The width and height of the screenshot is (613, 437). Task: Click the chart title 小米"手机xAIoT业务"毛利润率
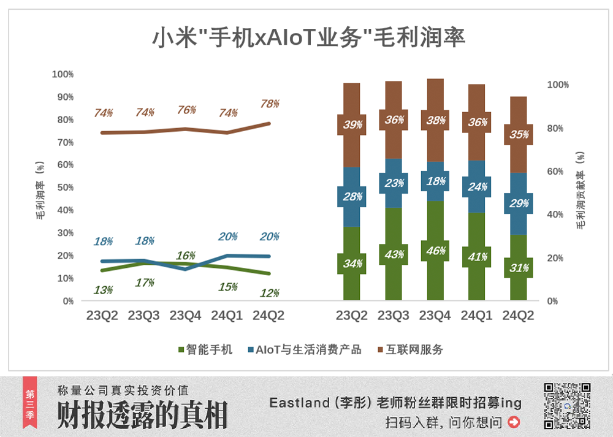[x=308, y=37]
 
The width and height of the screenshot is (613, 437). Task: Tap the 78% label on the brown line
[x=269, y=104]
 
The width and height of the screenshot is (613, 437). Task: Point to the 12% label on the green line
[x=269, y=293]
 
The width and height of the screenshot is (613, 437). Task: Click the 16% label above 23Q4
[x=185, y=256]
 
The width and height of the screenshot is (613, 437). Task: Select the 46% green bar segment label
[x=436, y=250]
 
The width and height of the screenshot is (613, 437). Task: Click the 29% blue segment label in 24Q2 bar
[x=519, y=203]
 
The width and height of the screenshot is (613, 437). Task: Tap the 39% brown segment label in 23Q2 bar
[x=352, y=124]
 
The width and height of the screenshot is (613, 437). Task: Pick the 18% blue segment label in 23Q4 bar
[x=436, y=181]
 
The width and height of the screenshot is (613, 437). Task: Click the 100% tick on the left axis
[x=63, y=74]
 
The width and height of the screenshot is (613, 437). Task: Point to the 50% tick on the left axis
[x=64, y=188]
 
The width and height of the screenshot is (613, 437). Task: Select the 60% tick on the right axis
[x=554, y=172]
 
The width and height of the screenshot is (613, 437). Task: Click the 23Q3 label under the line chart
[x=143, y=316]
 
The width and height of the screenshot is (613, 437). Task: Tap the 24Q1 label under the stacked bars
[x=476, y=316]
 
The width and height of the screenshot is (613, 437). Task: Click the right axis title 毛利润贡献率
[x=580, y=191]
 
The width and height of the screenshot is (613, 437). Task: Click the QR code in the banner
[x=567, y=405]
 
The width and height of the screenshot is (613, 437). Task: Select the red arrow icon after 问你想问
[x=514, y=422]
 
